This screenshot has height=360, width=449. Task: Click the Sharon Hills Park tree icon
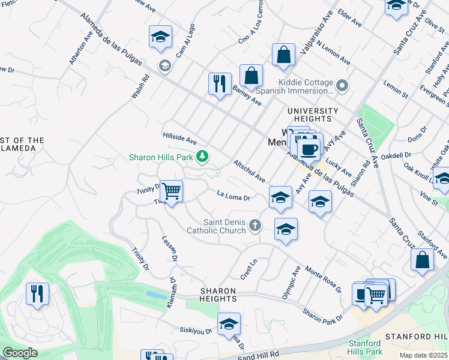(203, 157)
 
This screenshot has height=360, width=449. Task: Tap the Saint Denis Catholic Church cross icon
(256, 226)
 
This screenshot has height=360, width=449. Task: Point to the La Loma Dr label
(233, 196)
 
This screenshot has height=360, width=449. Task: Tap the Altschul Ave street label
(249, 171)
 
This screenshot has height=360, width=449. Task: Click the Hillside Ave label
(179, 139)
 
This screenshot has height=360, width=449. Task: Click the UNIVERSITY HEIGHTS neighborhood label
(313, 111)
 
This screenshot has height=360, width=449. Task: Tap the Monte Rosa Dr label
(323, 278)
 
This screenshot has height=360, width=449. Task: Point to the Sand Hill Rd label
(262, 355)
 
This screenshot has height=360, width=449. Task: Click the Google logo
(20, 353)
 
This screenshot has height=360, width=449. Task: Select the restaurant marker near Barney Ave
(220, 83)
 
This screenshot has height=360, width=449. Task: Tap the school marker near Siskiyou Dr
(229, 325)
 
